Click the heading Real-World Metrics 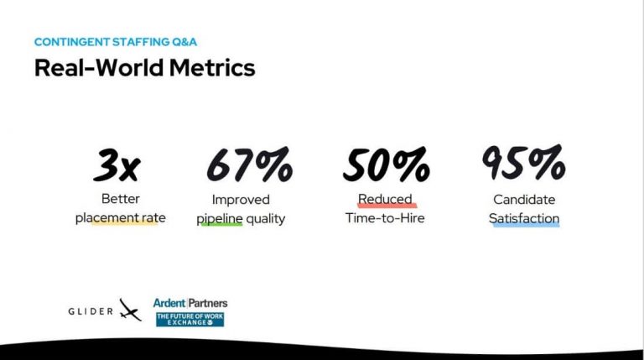pos(144,67)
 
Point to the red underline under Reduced pos(386,207)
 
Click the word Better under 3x pos(121,200)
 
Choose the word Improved pos(241,200)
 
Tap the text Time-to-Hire pos(385,219)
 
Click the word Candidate pos(525,200)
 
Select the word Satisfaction pos(526,218)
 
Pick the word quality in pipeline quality pos(265,219)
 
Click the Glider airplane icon pos(129,310)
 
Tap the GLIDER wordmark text pos(91,311)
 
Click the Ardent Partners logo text pos(190,303)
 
